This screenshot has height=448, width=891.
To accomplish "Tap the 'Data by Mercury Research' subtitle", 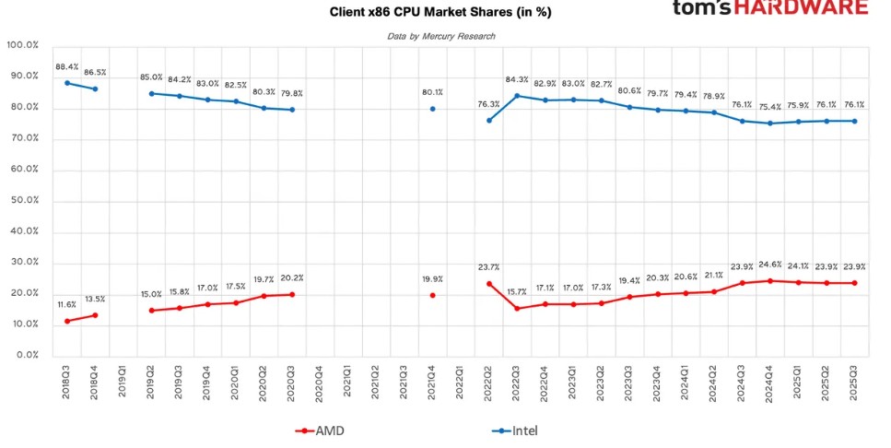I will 440,36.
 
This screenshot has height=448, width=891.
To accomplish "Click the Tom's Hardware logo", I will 769,8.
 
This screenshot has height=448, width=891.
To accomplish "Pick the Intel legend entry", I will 516,430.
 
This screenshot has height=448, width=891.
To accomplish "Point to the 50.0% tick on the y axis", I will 22,200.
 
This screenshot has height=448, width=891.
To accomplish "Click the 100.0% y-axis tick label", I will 22,44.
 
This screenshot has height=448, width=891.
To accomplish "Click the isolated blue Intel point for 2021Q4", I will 432,109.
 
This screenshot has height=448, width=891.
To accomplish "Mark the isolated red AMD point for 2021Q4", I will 432,295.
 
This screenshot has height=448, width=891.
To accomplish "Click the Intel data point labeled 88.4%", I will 67,83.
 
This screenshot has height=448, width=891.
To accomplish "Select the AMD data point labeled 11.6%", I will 67,321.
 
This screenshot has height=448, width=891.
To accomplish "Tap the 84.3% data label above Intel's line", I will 516,79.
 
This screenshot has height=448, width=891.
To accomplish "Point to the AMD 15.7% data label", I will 516,292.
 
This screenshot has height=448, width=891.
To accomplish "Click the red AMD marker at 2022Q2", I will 488,283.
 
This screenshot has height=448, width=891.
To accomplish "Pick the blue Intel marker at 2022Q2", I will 488,120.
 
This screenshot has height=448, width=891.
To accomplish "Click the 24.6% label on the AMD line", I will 769,265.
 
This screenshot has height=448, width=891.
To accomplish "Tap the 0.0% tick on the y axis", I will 26,356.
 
